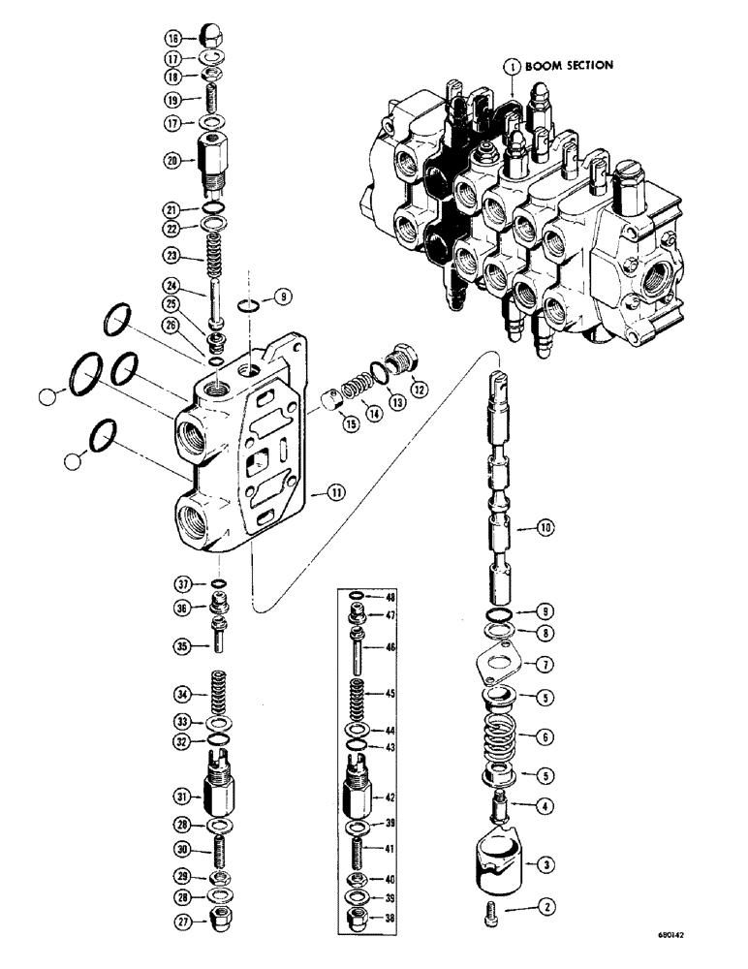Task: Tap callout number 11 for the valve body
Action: tap(335, 493)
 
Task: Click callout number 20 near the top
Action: tap(172, 162)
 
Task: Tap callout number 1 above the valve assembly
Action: tap(512, 67)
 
